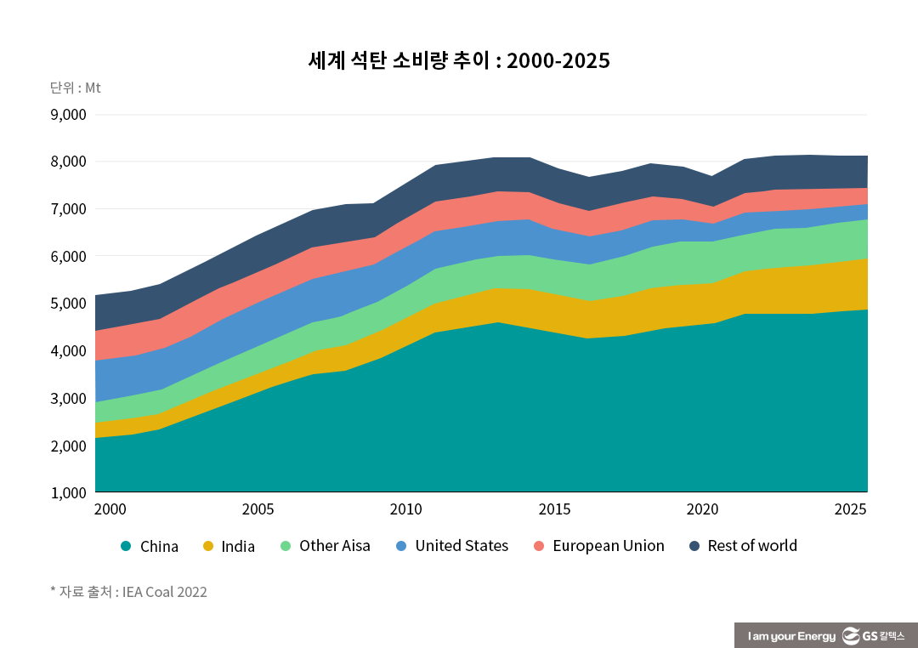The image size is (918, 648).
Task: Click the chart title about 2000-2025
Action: (x=459, y=61)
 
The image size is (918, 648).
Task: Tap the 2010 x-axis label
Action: (x=406, y=509)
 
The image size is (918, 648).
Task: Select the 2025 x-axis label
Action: (x=850, y=509)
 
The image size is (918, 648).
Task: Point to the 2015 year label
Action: (x=554, y=509)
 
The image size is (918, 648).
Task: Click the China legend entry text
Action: (x=159, y=546)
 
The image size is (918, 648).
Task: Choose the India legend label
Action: (x=238, y=546)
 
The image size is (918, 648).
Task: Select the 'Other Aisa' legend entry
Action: (x=334, y=546)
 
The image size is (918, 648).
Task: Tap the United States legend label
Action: (x=462, y=546)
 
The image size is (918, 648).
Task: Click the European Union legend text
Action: (x=608, y=546)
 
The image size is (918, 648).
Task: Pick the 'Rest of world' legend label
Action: (x=752, y=546)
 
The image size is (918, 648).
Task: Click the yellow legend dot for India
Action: (x=207, y=546)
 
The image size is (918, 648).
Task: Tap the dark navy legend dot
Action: (x=693, y=546)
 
